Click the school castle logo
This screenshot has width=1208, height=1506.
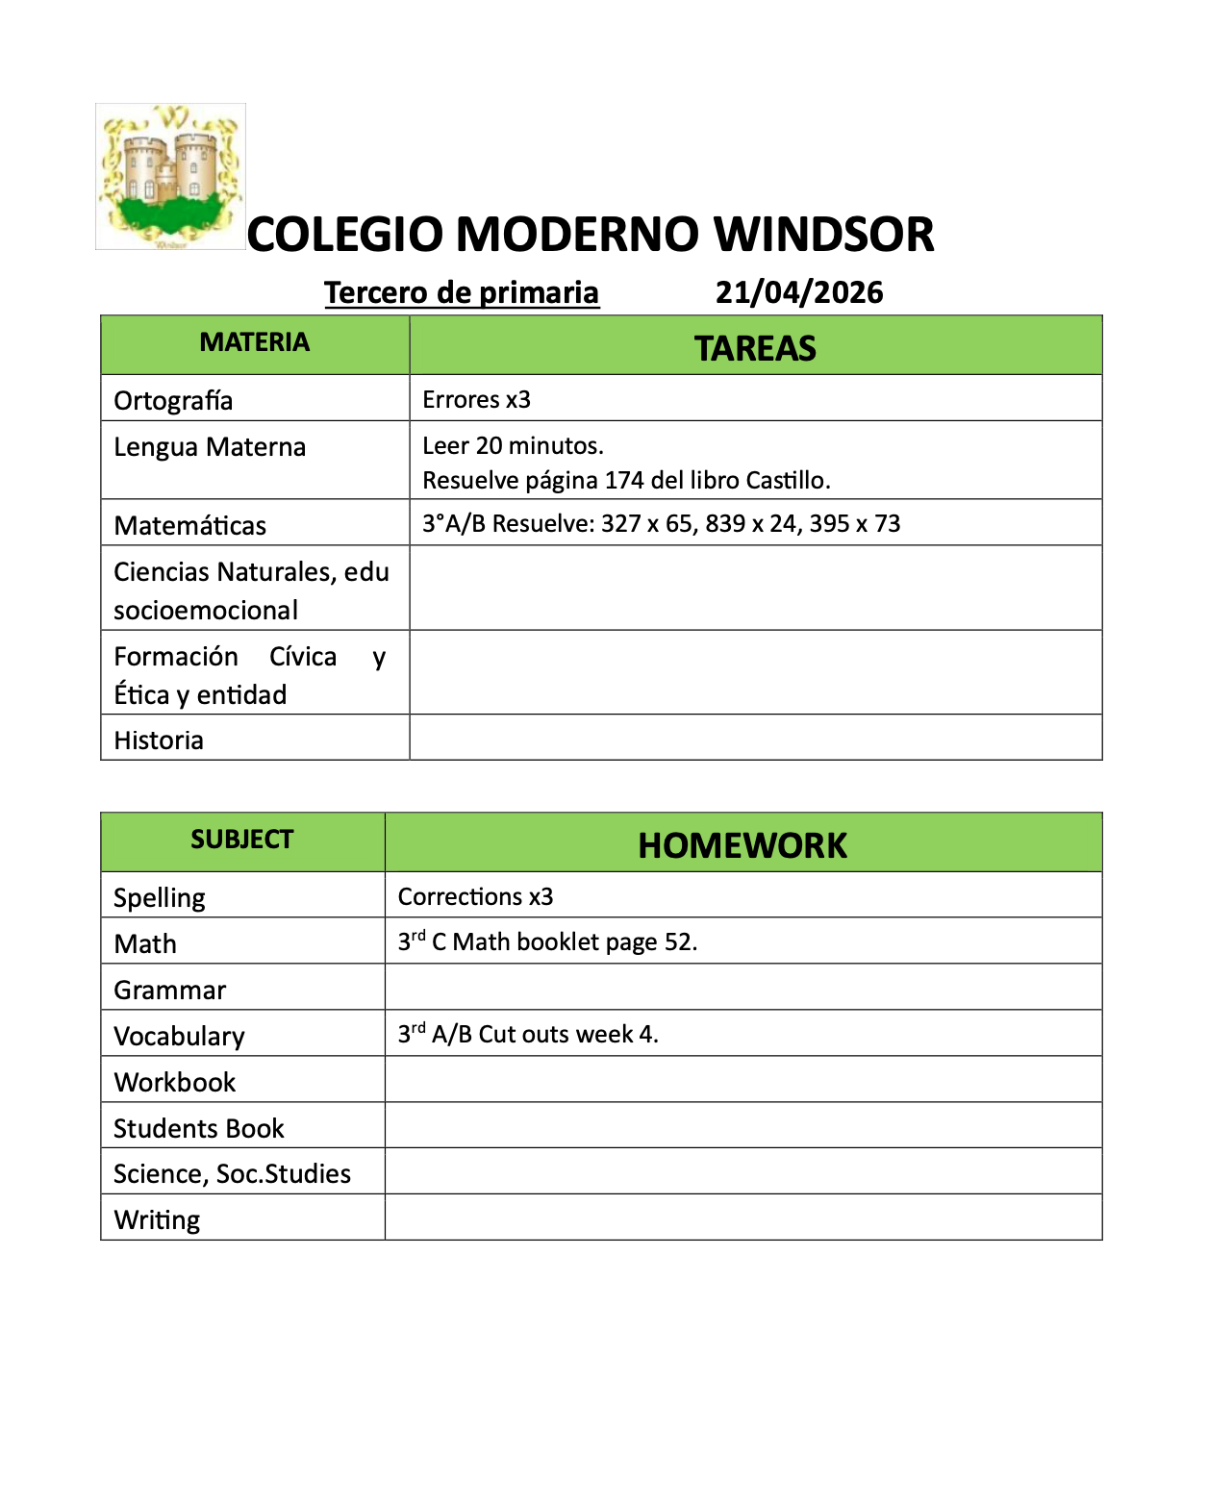click(x=170, y=176)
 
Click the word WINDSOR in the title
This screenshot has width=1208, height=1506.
click(x=823, y=235)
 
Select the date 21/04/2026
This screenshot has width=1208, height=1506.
click(x=798, y=292)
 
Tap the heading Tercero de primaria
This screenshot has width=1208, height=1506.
click(x=462, y=292)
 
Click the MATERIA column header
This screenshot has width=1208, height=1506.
click(x=255, y=342)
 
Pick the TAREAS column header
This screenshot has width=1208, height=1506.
click(x=755, y=348)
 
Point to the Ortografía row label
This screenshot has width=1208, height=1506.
click(x=173, y=400)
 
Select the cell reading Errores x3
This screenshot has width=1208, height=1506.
click(x=476, y=399)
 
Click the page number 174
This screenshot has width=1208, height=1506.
click(x=624, y=480)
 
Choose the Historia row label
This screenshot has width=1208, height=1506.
click(x=159, y=740)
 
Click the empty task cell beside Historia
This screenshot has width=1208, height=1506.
click(x=755, y=738)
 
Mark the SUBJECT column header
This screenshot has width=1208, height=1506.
click(x=241, y=840)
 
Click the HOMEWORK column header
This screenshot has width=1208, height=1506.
click(x=742, y=845)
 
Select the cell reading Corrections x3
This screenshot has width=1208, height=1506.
click(x=475, y=896)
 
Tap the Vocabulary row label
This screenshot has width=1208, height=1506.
click(x=179, y=1036)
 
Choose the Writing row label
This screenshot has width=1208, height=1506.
click(x=157, y=1219)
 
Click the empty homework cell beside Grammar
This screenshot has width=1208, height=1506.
click(x=742, y=987)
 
